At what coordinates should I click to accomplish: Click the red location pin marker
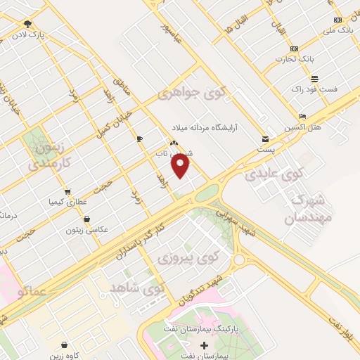point(181,166)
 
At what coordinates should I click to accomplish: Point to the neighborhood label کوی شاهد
point(138,288)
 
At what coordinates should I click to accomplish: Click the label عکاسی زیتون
point(84,229)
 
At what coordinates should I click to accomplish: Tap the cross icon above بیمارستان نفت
point(205,345)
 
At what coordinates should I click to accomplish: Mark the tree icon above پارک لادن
point(27,23)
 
